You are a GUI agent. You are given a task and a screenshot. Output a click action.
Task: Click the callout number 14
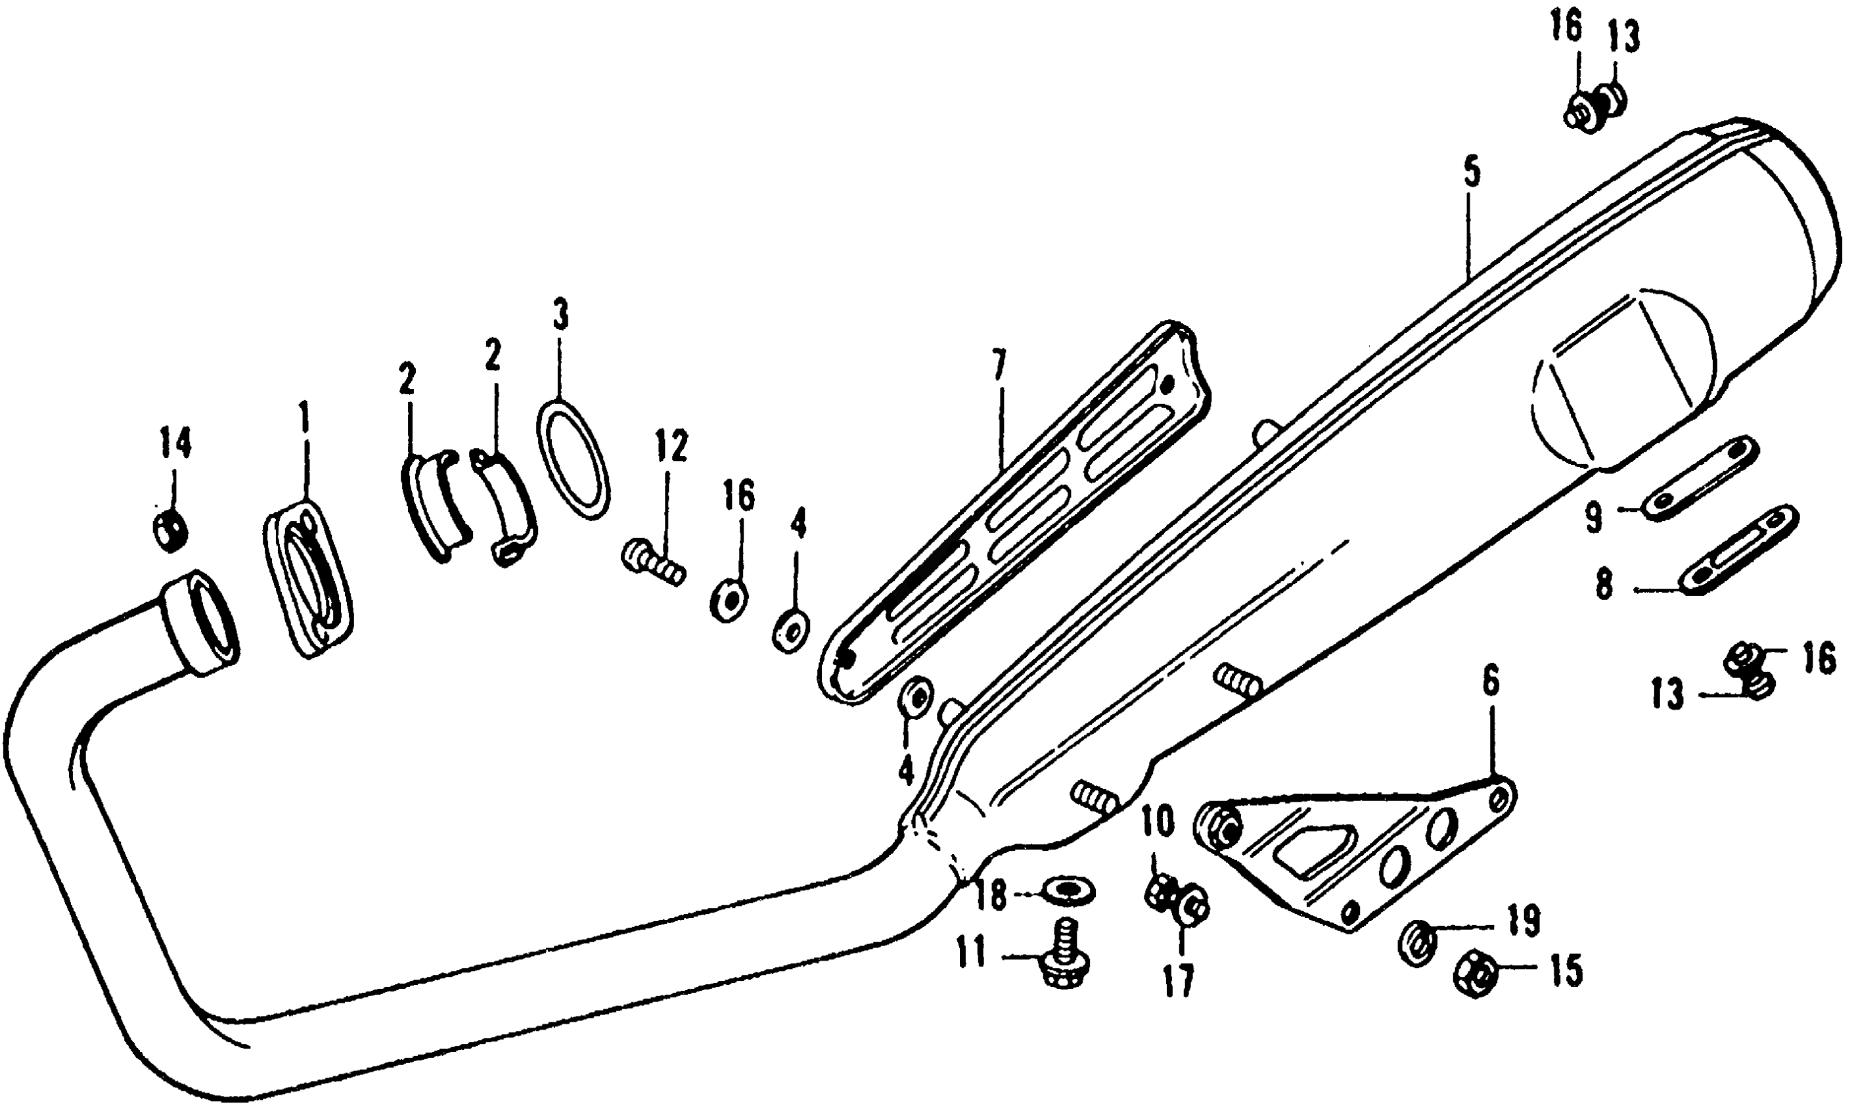point(175,444)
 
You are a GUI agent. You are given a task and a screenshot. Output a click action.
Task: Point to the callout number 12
point(671,447)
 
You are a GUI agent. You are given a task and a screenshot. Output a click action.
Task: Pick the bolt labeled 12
point(652,563)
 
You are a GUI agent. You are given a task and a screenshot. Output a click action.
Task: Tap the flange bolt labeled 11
point(1062,961)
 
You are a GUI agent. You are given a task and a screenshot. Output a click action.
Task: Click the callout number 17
point(1179,980)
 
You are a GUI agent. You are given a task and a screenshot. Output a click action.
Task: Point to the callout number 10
point(1158,823)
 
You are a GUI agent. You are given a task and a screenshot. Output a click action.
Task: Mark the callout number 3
point(560,315)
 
